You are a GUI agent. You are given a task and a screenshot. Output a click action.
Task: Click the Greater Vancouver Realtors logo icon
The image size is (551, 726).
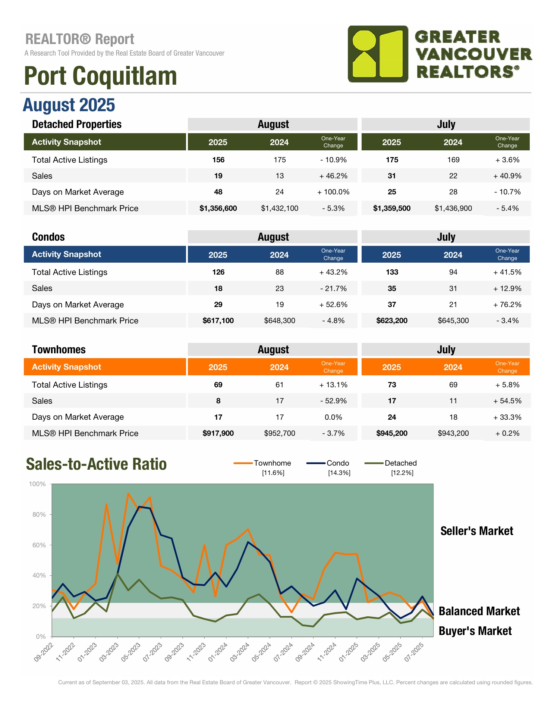click(x=378, y=54)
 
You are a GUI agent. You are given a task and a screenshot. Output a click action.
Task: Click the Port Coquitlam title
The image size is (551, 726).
click(x=100, y=76)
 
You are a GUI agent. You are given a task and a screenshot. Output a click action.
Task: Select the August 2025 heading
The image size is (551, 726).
click(x=69, y=105)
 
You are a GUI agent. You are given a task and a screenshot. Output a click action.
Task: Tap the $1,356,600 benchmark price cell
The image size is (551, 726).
click(x=218, y=208)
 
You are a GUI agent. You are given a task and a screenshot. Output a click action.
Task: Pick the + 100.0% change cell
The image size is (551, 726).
click(x=333, y=192)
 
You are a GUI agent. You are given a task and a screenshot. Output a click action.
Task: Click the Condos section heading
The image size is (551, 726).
click(x=48, y=237)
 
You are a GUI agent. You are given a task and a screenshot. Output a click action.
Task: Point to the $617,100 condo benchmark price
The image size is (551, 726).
click(x=218, y=320)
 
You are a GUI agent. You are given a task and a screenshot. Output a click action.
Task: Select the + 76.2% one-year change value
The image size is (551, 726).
click(x=507, y=304)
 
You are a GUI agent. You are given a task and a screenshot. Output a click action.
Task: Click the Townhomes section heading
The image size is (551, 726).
click(x=59, y=350)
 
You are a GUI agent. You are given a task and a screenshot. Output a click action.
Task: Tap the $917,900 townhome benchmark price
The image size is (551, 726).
click(x=218, y=433)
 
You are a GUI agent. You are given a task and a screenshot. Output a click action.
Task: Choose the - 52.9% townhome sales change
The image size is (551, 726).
click(x=333, y=401)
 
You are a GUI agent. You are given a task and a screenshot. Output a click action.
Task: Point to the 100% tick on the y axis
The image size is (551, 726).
click(x=37, y=484)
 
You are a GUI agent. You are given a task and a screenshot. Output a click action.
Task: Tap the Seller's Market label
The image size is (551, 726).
click(x=476, y=531)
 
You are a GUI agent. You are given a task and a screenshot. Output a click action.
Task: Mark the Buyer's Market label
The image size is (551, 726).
click(x=475, y=631)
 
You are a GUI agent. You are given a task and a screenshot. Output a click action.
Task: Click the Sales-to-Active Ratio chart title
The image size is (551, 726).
click(x=96, y=464)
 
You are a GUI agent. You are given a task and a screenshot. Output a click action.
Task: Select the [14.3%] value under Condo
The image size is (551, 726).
click(x=339, y=473)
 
